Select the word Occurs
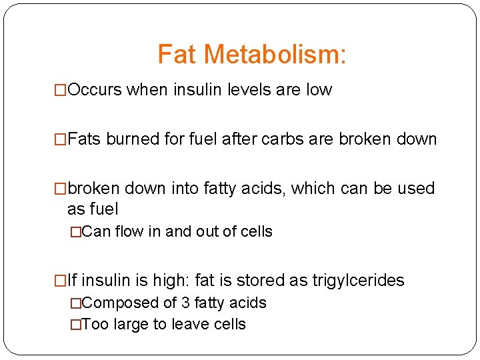(95, 89)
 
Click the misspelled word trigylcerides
(358, 281)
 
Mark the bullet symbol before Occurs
(61, 89)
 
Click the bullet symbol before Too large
(76, 325)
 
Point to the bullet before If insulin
(61, 281)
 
